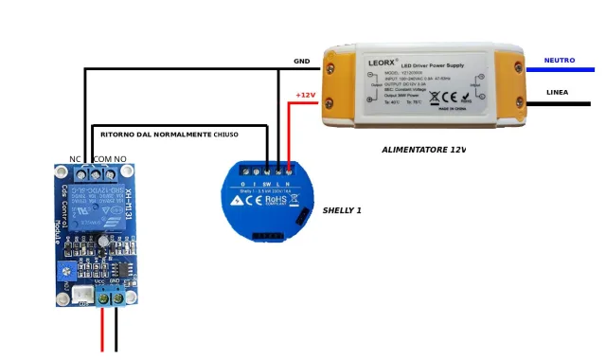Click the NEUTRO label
click(x=559, y=61)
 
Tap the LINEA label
click(x=558, y=93)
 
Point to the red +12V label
click(x=304, y=95)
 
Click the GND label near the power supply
click(x=301, y=62)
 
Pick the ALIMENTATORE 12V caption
click(x=423, y=150)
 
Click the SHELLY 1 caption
click(x=342, y=209)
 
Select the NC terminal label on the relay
click(x=76, y=159)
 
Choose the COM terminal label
click(x=101, y=159)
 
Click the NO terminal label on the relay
click(x=120, y=159)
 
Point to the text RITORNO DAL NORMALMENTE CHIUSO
click(x=169, y=135)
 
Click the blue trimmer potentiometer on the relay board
click(x=65, y=273)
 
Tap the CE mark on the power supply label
click(x=453, y=96)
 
